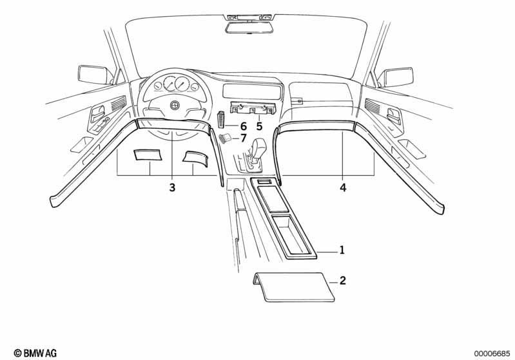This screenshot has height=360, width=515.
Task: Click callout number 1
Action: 342,250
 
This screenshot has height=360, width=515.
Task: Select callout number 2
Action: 342,281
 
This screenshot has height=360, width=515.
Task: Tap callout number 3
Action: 172,187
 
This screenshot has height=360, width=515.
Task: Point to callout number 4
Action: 343,187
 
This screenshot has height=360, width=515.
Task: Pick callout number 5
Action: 260,126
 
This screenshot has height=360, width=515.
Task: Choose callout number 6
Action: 243,126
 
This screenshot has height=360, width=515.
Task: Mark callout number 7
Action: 243,138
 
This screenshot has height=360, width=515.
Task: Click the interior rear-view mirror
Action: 249,27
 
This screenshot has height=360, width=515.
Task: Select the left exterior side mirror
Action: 95,75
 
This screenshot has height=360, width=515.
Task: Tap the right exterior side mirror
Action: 395,77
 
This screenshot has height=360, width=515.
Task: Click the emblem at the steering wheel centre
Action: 175,105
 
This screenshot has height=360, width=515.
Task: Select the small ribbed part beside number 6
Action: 220,119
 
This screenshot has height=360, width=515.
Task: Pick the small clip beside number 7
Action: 225,138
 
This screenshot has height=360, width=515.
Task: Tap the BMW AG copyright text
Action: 35,353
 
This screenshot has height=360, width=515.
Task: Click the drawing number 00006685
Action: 492,354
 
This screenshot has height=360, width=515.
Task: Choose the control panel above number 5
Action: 253,108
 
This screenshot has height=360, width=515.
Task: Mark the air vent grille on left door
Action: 118,103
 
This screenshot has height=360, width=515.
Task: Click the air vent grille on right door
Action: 372,105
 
